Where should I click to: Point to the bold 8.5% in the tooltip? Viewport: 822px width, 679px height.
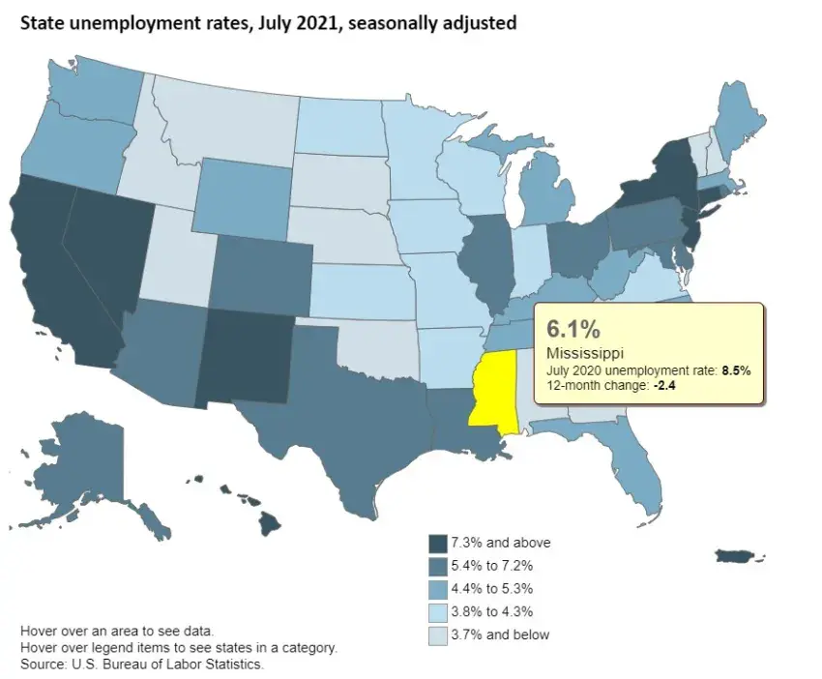click(x=736, y=369)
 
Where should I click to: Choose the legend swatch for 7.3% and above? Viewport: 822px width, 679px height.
click(x=437, y=543)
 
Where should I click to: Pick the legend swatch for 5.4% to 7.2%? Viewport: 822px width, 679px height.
click(x=437, y=565)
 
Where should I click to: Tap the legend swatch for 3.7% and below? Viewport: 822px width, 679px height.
click(x=437, y=635)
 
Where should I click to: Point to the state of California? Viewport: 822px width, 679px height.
click(x=58, y=271)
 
